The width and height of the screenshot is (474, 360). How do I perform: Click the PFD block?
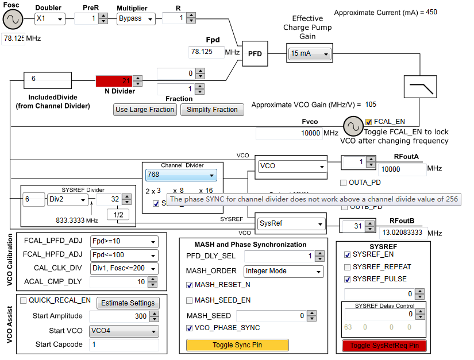(255, 53)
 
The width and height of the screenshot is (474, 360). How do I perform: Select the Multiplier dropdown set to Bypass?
(136, 18)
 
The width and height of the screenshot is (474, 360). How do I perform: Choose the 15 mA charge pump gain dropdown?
(310, 53)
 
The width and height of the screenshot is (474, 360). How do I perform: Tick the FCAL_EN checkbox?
(369, 122)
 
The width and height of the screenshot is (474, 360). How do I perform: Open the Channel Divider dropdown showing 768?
(181, 175)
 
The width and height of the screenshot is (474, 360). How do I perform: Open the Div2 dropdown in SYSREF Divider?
(68, 200)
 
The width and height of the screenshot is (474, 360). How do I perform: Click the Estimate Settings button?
(127, 303)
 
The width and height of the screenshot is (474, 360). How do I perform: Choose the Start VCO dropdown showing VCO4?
(124, 331)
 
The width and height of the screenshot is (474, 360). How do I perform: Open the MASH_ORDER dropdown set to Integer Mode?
(284, 270)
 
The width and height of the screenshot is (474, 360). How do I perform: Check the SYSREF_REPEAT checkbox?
(347, 267)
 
